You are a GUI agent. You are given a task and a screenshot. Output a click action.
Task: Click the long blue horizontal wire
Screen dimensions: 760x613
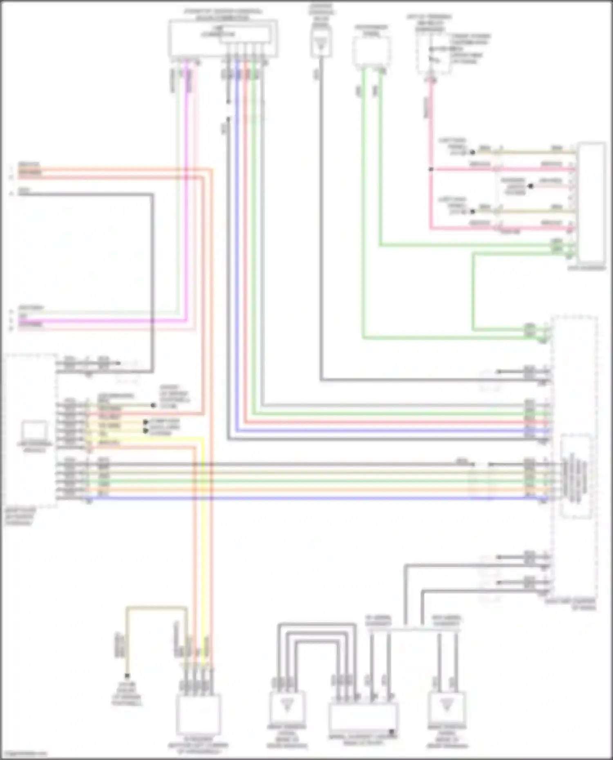tap(286, 498)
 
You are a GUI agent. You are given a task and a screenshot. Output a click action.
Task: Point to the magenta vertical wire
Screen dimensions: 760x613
tap(187, 184)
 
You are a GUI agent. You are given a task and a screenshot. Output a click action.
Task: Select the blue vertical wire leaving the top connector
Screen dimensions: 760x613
tap(237, 245)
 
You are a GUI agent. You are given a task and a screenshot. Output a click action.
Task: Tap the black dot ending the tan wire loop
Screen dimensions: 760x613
tap(127, 676)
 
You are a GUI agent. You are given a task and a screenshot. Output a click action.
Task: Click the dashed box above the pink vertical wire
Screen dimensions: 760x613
tap(433, 53)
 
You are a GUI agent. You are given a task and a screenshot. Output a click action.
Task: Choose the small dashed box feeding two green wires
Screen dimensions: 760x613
tap(371, 51)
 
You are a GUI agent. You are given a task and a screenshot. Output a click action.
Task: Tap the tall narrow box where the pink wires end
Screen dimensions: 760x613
tap(591, 202)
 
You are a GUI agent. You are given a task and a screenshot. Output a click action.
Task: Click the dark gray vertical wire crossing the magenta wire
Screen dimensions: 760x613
tap(152, 286)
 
